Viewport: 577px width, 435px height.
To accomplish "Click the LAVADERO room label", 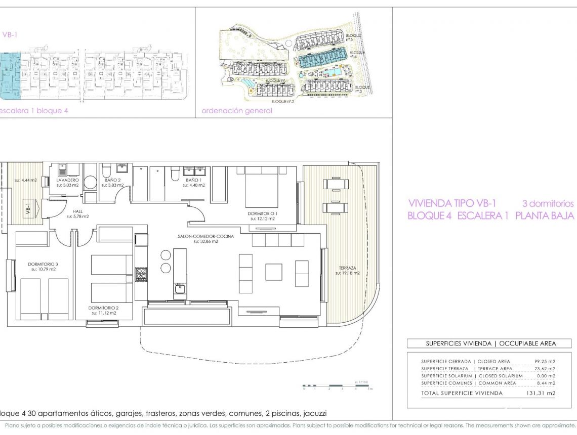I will point(67,180).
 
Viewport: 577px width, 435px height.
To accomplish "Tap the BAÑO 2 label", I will point(112,180).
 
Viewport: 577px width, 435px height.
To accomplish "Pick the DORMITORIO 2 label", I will point(103,308).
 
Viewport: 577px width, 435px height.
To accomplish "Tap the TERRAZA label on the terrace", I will point(347,268).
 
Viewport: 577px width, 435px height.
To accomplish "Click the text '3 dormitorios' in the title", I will point(548,204).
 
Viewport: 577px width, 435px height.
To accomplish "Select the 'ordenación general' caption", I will point(236,111).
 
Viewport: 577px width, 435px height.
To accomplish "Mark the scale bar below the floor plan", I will point(337,386).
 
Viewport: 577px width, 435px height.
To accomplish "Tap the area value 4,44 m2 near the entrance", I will point(25,180).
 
